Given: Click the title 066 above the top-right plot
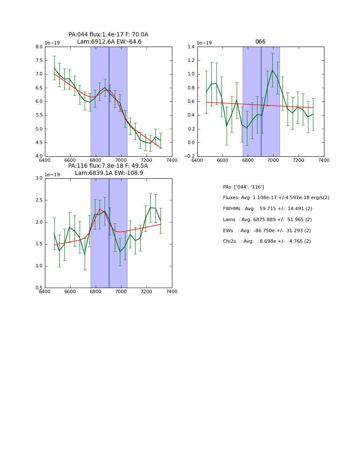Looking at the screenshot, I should tap(260, 42).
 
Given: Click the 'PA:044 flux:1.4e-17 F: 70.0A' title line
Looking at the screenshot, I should tap(108, 35).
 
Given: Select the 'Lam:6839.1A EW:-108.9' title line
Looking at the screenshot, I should tap(109, 173).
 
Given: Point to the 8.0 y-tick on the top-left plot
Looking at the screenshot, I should tap(39, 47).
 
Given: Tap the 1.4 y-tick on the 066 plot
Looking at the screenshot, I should tap(191, 47).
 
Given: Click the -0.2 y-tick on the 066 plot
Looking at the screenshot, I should tap(189, 156).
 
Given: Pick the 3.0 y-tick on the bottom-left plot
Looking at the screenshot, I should tap(39, 178).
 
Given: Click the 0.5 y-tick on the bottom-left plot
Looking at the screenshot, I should tap(39, 288).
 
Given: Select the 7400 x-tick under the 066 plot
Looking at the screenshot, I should tap(324, 160).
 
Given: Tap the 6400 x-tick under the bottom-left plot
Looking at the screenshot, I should tap(45, 291).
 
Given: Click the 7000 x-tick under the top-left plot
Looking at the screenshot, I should tap(121, 160).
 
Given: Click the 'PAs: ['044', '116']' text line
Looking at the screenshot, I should tap(243, 187).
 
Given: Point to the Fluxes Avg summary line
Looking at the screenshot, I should tap(276, 198).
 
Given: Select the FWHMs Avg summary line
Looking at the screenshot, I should tap(267, 209).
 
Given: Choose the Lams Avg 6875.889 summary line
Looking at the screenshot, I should tap(267, 220).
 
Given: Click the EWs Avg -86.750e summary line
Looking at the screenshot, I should tap(267, 230).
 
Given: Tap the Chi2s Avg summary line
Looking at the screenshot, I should tap(267, 241).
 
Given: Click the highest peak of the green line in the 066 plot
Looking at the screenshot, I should tap(272, 70).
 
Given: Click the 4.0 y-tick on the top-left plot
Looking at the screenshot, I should tap(39, 156).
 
